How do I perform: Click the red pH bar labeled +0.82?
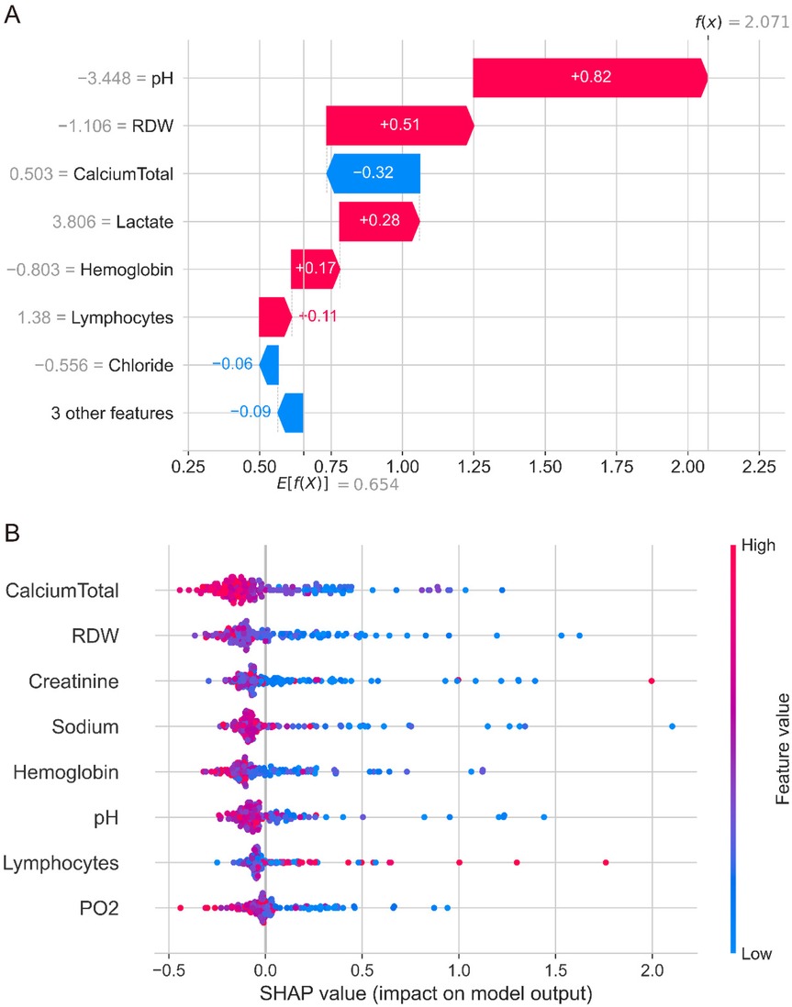pos(588,77)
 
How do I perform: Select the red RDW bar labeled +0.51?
pos(399,125)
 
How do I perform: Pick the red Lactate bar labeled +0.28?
pos(378,222)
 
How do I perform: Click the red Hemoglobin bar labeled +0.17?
pos(314,270)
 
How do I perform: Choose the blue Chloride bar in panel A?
pos(269,365)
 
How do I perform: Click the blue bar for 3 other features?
pos(290,413)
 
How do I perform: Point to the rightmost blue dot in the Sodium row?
pos(672,726)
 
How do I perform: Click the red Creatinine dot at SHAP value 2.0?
pos(652,681)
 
